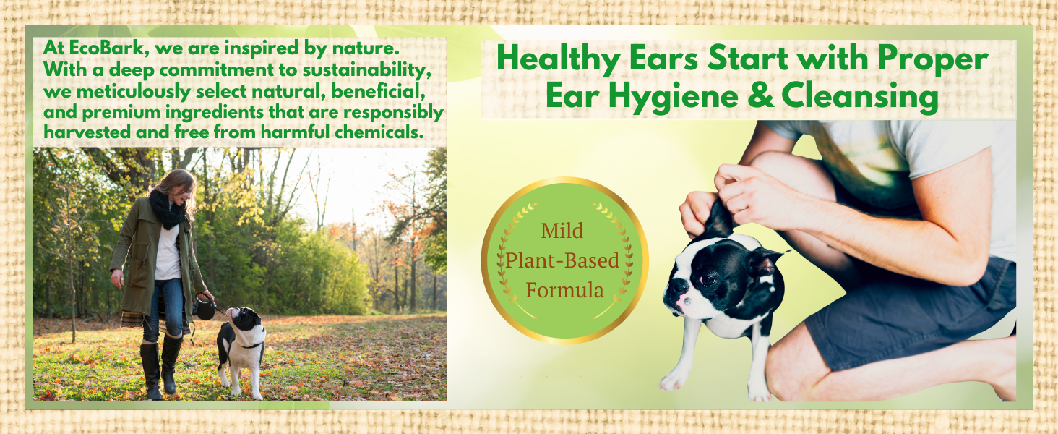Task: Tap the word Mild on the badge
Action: [562, 231]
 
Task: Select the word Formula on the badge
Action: [564, 291]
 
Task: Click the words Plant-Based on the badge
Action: [562, 261]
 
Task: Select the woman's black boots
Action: [160, 369]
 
